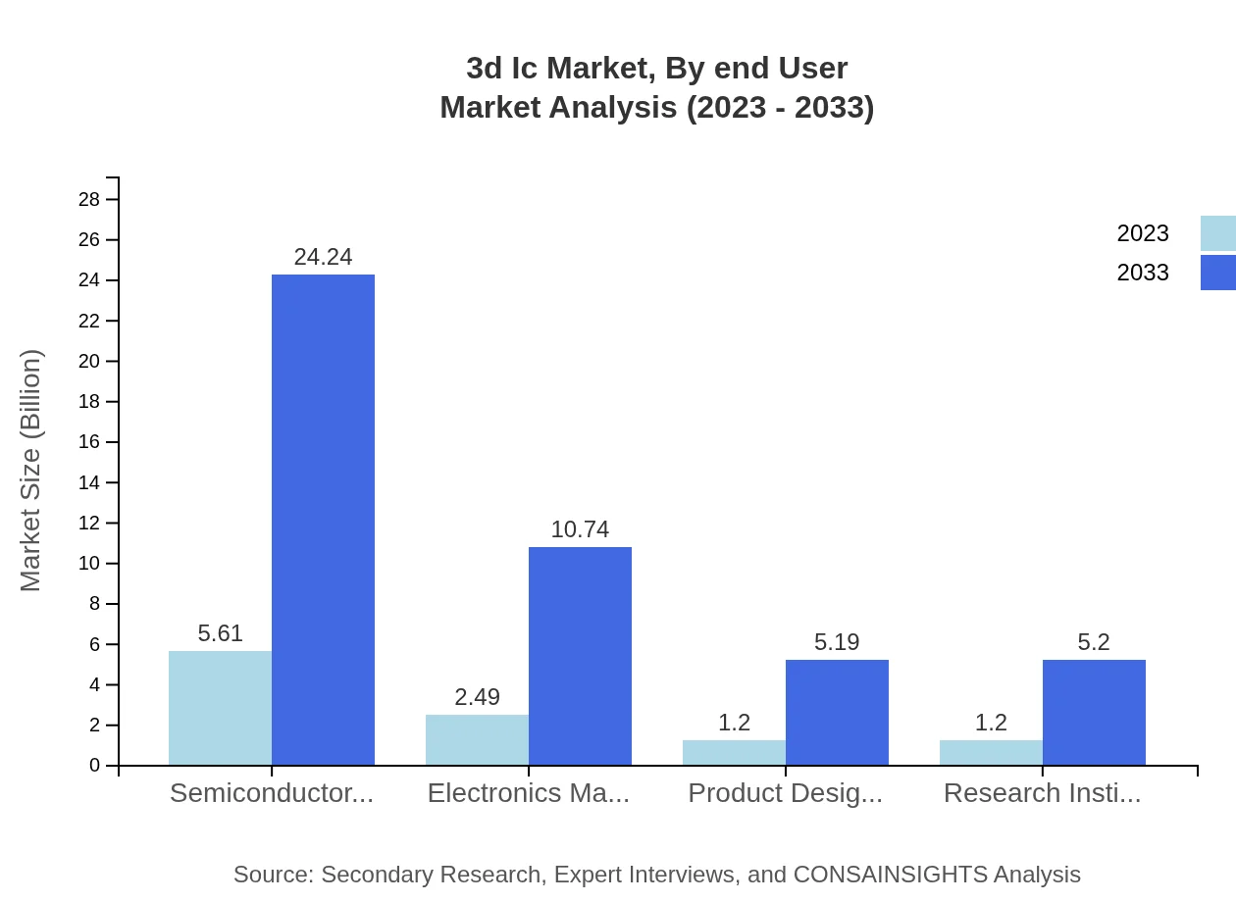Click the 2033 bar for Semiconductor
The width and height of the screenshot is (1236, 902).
click(x=323, y=520)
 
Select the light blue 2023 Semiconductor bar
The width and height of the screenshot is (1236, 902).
click(x=220, y=708)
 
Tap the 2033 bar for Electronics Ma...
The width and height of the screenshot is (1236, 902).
click(x=580, y=656)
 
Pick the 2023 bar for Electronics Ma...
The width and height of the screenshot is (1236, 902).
click(x=477, y=739)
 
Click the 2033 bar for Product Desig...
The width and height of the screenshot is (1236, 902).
click(x=837, y=712)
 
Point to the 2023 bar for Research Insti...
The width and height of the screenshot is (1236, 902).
click(x=991, y=752)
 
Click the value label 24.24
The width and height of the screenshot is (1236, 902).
click(x=323, y=257)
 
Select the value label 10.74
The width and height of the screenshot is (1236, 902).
click(x=580, y=529)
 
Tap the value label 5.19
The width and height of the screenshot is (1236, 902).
click(x=837, y=642)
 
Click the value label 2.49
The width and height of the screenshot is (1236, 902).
click(x=477, y=697)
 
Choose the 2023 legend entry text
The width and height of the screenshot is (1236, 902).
click(x=1143, y=233)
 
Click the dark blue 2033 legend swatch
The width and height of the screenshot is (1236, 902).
click(x=1217, y=273)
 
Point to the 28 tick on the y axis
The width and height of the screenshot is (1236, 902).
click(x=89, y=200)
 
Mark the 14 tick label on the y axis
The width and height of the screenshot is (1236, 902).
click(x=89, y=482)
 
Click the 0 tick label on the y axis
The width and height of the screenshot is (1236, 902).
click(x=95, y=766)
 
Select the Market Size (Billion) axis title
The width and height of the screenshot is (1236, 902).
click(x=30, y=471)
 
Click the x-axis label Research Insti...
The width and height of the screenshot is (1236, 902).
click(x=1042, y=793)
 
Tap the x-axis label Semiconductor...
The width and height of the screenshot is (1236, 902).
click(x=272, y=793)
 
